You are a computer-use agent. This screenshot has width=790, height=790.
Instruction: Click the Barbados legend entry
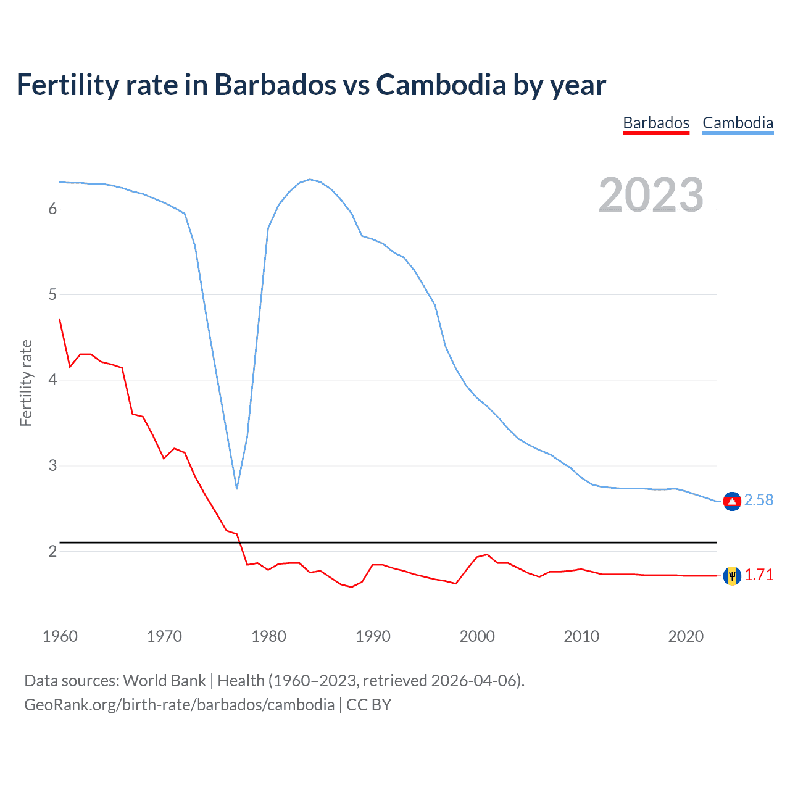655,123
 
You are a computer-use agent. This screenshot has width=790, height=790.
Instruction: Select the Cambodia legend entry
738,123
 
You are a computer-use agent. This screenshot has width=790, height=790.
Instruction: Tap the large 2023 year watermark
651,195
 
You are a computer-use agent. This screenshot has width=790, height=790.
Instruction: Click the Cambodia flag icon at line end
732,501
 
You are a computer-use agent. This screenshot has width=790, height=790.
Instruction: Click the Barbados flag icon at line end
732,575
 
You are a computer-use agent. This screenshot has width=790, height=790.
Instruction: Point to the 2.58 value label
759,500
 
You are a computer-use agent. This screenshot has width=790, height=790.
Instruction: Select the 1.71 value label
759,575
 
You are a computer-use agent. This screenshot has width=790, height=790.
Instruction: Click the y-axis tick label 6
52,209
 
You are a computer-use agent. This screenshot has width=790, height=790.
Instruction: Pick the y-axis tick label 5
52,294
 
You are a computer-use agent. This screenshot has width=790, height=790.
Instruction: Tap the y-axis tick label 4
52,380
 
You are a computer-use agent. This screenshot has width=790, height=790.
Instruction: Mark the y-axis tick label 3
52,465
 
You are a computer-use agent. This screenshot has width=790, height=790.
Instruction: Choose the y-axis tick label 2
52,551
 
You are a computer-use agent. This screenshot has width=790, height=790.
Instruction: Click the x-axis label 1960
60,636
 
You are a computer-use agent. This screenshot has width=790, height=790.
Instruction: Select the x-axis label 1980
268,636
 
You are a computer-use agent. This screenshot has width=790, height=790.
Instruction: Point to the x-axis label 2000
477,636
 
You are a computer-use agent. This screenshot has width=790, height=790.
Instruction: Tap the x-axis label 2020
686,636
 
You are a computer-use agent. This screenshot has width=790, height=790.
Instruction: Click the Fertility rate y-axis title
26,383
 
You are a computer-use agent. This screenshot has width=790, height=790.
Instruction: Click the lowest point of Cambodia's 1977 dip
236,489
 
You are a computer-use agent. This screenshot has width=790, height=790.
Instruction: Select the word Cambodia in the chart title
441,85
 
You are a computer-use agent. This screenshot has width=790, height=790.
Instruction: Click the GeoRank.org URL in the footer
179,705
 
